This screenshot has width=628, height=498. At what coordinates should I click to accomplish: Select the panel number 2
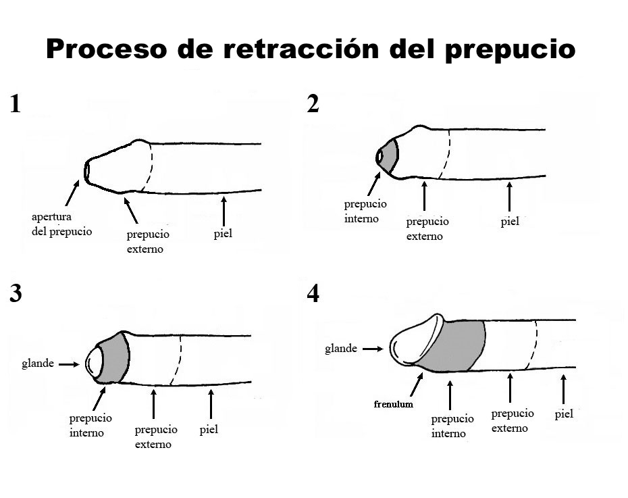tap(313, 103)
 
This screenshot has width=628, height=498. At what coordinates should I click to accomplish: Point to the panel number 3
tap(16, 293)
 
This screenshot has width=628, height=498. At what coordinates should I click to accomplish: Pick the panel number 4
tap(313, 293)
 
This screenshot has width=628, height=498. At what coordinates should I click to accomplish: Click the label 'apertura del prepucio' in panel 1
tap(61, 224)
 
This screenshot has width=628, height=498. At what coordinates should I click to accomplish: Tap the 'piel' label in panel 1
tap(223, 234)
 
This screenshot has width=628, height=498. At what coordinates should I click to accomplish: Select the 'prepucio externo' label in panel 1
tap(148, 241)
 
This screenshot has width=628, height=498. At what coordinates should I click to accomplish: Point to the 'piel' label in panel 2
tap(510, 221)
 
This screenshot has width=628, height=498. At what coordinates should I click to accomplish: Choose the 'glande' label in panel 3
tap(38, 364)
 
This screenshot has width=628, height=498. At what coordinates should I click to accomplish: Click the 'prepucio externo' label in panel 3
tap(155, 437)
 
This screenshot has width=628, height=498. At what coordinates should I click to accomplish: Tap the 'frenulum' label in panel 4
tap(394, 404)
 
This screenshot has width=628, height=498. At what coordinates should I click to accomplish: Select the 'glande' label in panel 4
tap(341, 349)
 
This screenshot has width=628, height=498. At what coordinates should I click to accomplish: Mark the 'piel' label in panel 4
tap(564, 414)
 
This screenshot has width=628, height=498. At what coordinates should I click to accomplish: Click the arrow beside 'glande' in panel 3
tap(70, 364)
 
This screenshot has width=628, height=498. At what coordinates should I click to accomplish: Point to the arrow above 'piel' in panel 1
tap(224, 211)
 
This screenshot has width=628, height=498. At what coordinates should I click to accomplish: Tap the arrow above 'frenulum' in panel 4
tap(416, 386)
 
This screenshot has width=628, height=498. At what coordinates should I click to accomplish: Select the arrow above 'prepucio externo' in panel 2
tap(424, 196)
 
